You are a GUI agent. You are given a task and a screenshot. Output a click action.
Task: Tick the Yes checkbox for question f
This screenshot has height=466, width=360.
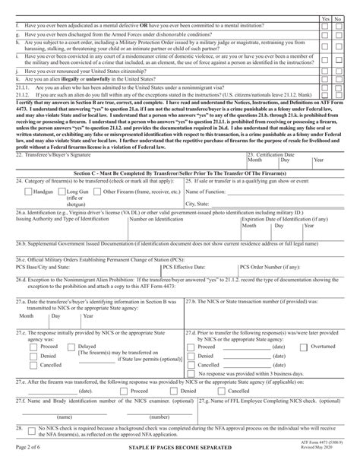pyautogui.click(x=325, y=24)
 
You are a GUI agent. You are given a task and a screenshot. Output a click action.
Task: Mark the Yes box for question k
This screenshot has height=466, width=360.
pyautogui.click(x=325, y=78)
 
